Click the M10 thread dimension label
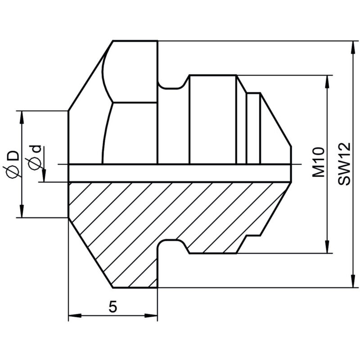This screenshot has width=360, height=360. coord(319,162)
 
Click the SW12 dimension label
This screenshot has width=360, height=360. coord(344,164)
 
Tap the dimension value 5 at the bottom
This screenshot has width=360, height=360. coord(113,306)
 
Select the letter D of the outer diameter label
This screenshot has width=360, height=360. coord(13,156)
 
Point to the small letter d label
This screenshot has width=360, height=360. coord(36,149)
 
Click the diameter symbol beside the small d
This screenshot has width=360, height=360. coord(35,163)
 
